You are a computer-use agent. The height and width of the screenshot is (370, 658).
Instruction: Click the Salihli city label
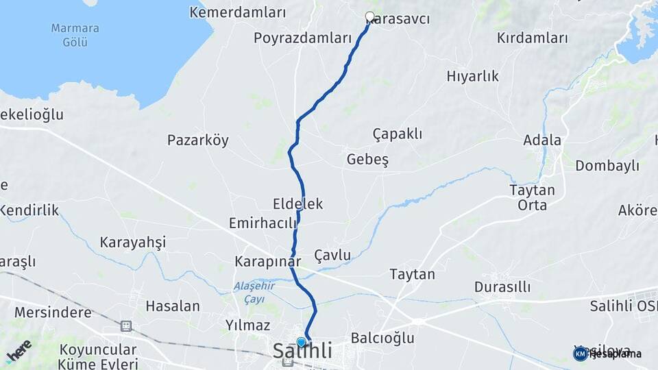click(x=302, y=352)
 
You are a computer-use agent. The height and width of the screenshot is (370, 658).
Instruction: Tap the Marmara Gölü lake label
click(x=75, y=35)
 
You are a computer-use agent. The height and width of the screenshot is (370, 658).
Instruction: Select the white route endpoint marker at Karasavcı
click(x=370, y=16)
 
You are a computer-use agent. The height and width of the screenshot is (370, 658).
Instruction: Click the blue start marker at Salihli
click(x=302, y=342)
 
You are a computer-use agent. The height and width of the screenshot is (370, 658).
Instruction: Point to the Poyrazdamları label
click(x=302, y=38)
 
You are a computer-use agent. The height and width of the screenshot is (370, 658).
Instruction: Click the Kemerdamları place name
click(x=237, y=12)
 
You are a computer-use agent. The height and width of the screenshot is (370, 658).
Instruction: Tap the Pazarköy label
click(x=198, y=140)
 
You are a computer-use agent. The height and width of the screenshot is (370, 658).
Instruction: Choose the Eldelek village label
click(x=297, y=203)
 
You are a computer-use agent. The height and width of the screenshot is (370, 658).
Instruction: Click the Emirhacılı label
click(x=263, y=223)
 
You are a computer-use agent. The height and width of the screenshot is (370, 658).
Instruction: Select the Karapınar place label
click(x=267, y=262)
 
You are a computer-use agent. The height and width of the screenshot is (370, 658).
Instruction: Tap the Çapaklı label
click(x=398, y=133)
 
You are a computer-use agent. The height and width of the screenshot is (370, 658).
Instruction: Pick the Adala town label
click(x=541, y=140)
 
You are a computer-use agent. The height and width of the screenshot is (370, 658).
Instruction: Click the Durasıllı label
click(x=502, y=286)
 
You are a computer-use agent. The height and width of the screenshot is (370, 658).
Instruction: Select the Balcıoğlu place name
click(x=382, y=338)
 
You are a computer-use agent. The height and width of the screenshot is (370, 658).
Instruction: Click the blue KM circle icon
click(x=580, y=354)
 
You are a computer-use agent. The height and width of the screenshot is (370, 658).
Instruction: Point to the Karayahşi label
click(x=133, y=242)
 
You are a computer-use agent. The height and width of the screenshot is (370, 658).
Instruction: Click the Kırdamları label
click(x=532, y=38)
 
